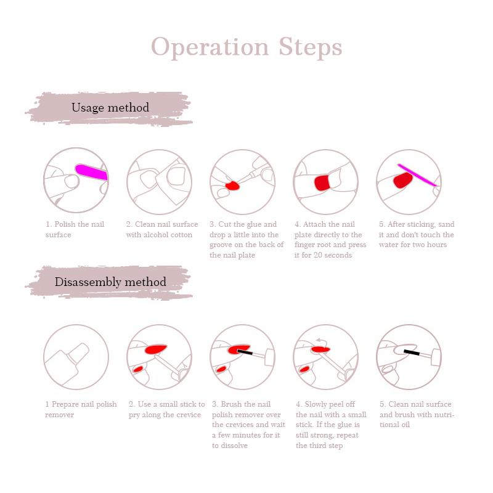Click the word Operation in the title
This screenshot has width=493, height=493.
(x=210, y=47)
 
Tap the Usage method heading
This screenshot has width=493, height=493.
(x=110, y=107)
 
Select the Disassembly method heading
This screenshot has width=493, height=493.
(x=110, y=282)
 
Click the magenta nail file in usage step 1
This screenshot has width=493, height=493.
(x=91, y=172)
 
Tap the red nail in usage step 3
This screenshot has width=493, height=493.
(x=232, y=185)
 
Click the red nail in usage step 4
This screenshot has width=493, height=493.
(x=322, y=183)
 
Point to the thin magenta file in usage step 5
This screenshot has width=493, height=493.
(x=417, y=175)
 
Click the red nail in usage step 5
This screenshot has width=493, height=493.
(x=403, y=180)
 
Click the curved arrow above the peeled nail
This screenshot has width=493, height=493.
(x=322, y=341)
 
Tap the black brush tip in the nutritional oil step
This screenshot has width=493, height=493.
(x=412, y=352)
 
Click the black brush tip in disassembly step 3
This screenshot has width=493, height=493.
(x=245, y=352)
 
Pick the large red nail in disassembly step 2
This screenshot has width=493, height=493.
(x=156, y=349)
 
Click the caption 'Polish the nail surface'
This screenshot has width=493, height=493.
(x=75, y=229)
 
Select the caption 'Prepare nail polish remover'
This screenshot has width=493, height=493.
(x=81, y=409)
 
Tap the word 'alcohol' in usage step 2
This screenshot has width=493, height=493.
(x=156, y=235)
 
